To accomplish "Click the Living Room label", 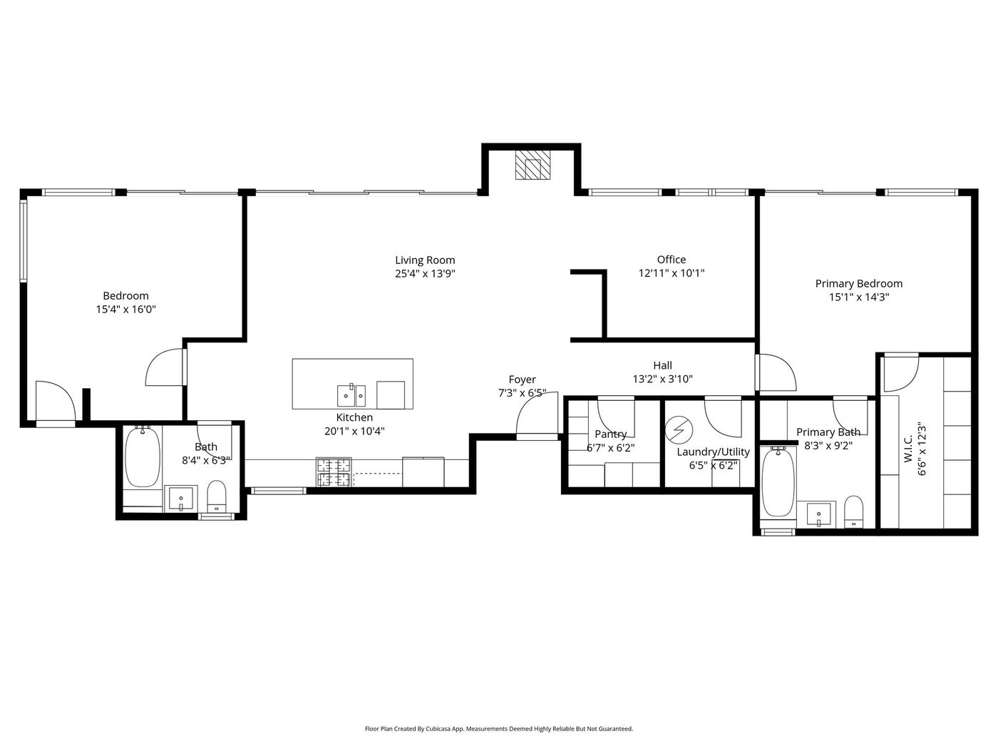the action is tap(425, 260).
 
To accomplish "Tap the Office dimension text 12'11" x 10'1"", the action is tap(671, 273).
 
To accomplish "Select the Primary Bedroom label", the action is tap(858, 284).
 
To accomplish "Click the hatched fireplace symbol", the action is tap(533, 165).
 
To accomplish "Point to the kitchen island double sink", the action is tap(351, 396).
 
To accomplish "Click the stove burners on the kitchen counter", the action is tap(334, 472).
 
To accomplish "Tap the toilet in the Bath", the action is tap(217, 496).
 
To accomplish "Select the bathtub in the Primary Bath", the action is tap(778, 482).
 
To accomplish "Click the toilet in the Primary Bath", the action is tap(853, 511).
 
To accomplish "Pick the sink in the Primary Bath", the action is tap(821, 514).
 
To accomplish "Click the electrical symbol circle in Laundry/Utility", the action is tap(679, 429).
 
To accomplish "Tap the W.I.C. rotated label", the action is tap(908, 449).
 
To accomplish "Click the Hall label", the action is tap(662, 365).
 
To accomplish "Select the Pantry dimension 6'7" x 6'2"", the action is tap(611, 448).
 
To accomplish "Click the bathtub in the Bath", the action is tap(143, 457).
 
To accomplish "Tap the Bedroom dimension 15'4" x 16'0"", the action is tap(126, 310).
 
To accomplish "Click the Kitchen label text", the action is tap(354, 417).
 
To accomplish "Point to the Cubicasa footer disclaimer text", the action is tap(499, 728).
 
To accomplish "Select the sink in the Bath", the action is tap(181, 499).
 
